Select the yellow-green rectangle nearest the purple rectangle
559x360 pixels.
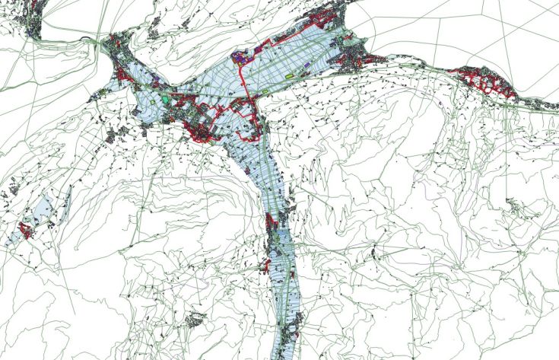coord(290,76)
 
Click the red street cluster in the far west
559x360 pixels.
coord(27,229)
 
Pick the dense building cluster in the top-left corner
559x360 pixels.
coord(35,23)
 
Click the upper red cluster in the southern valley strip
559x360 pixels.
coord(272,225)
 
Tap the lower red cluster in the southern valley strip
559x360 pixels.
coord(266,266)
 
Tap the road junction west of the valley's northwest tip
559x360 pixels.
coord(100,45)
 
